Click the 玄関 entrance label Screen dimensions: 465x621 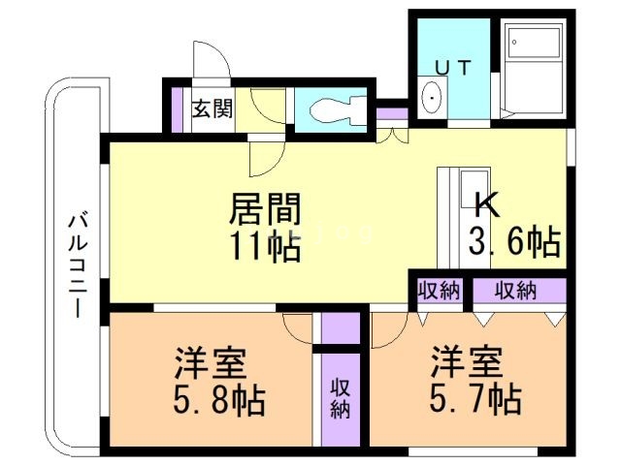pos(212,108)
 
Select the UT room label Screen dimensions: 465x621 pos(454,68)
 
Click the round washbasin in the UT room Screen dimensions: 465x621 pos(433,97)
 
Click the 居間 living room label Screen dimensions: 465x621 pos(264,208)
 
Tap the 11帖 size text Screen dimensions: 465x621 pos(264,247)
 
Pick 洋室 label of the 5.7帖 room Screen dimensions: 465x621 pos(468,361)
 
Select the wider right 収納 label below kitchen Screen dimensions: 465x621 pos(515,290)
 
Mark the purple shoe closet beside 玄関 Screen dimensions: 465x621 pos(177,107)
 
